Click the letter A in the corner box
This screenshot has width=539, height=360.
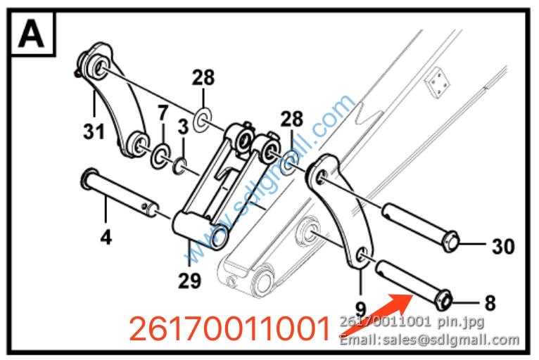[31, 34]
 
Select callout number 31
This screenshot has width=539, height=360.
[94, 132]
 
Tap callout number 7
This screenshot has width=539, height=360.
[163, 112]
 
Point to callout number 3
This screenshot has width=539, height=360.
[183, 127]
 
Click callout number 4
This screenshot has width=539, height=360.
[106, 237]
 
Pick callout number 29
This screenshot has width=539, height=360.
[189, 281]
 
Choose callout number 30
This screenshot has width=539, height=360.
[504, 246]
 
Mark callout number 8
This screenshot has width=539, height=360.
[490, 303]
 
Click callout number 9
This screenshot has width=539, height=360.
[360, 309]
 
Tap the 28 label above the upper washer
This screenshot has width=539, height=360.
[203, 77]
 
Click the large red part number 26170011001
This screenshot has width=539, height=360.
[229, 329]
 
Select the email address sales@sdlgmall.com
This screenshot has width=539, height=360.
[450, 340]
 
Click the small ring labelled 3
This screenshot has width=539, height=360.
[179, 166]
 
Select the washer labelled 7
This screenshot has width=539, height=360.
[160, 156]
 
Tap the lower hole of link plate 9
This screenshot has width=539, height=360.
[361, 256]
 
